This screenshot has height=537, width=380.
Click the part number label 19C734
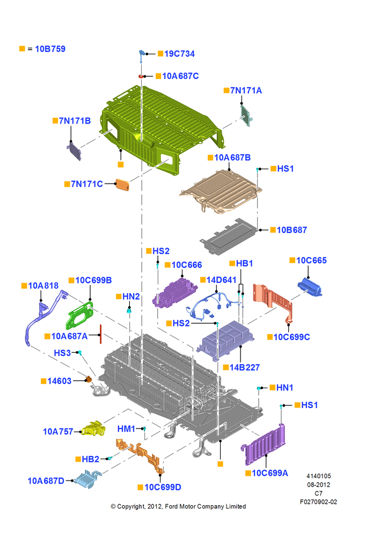(179, 54)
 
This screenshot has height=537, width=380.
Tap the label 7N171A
(246, 90)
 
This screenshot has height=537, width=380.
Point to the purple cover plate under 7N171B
(75, 151)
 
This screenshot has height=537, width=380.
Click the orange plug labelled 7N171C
(122, 185)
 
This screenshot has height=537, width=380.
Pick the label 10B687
(291, 230)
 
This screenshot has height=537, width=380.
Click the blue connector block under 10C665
(310, 287)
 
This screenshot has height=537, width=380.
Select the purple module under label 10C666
(174, 292)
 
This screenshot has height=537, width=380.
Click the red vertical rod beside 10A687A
(101, 334)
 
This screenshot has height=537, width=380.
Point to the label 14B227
(244, 367)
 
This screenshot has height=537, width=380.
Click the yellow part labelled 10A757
(93, 429)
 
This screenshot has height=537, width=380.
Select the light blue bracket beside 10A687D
(87, 479)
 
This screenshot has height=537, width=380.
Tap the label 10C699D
(163, 487)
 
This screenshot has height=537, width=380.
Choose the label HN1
(284, 388)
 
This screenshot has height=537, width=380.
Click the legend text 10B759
(50, 49)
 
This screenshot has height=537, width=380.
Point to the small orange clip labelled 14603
(89, 379)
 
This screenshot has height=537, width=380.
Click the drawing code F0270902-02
(318, 502)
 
